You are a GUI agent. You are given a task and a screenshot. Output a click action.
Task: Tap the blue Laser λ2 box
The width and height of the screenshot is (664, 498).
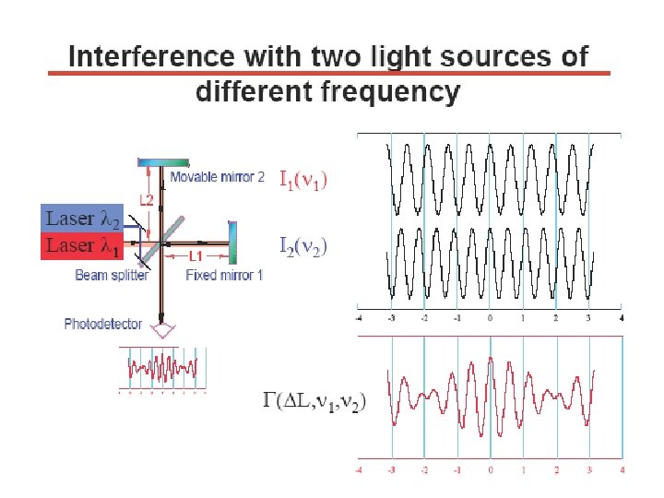tap(82, 219)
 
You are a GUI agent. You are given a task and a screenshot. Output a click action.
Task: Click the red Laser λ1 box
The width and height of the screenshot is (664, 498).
tap(82, 245)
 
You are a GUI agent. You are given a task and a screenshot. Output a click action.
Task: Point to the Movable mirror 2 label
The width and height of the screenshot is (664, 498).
tap(217, 177)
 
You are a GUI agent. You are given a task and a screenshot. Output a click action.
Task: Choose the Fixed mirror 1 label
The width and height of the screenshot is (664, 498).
tap(224, 275)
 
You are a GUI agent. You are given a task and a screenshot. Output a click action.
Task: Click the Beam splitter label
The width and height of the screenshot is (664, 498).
tap(112, 275)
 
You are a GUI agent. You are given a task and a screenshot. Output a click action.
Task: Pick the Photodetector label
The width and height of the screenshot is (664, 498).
tap(103, 323)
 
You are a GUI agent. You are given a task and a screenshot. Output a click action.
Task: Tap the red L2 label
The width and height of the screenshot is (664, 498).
tap(147, 199)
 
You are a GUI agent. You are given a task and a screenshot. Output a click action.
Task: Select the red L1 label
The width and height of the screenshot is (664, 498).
tap(196, 255)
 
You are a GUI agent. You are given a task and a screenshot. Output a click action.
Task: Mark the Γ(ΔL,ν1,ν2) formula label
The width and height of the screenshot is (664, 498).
tap(314, 401)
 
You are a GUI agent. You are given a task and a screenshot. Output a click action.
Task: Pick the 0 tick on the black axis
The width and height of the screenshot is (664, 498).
tap(490, 318)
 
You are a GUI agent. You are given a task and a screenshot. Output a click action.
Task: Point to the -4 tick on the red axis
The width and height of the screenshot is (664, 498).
tap(359, 470)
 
